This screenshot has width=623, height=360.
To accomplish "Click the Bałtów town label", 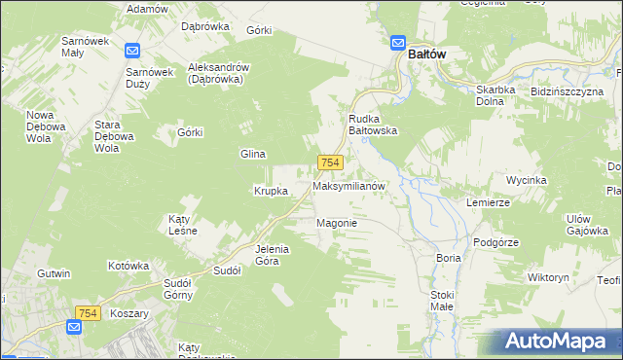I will click(x=427, y=54).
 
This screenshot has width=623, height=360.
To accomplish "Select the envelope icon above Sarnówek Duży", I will click(x=133, y=51).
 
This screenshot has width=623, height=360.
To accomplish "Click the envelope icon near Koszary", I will click(x=75, y=328).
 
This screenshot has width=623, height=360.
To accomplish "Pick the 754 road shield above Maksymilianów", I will click(x=329, y=163).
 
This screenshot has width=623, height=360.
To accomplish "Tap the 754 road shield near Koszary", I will click(x=87, y=311).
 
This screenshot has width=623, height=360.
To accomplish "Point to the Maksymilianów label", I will click(x=350, y=185).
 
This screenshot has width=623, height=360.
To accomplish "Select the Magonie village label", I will click(x=337, y=223).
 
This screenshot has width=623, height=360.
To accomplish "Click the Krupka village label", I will click(x=271, y=191).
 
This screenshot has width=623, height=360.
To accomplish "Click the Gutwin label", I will click(x=54, y=274).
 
